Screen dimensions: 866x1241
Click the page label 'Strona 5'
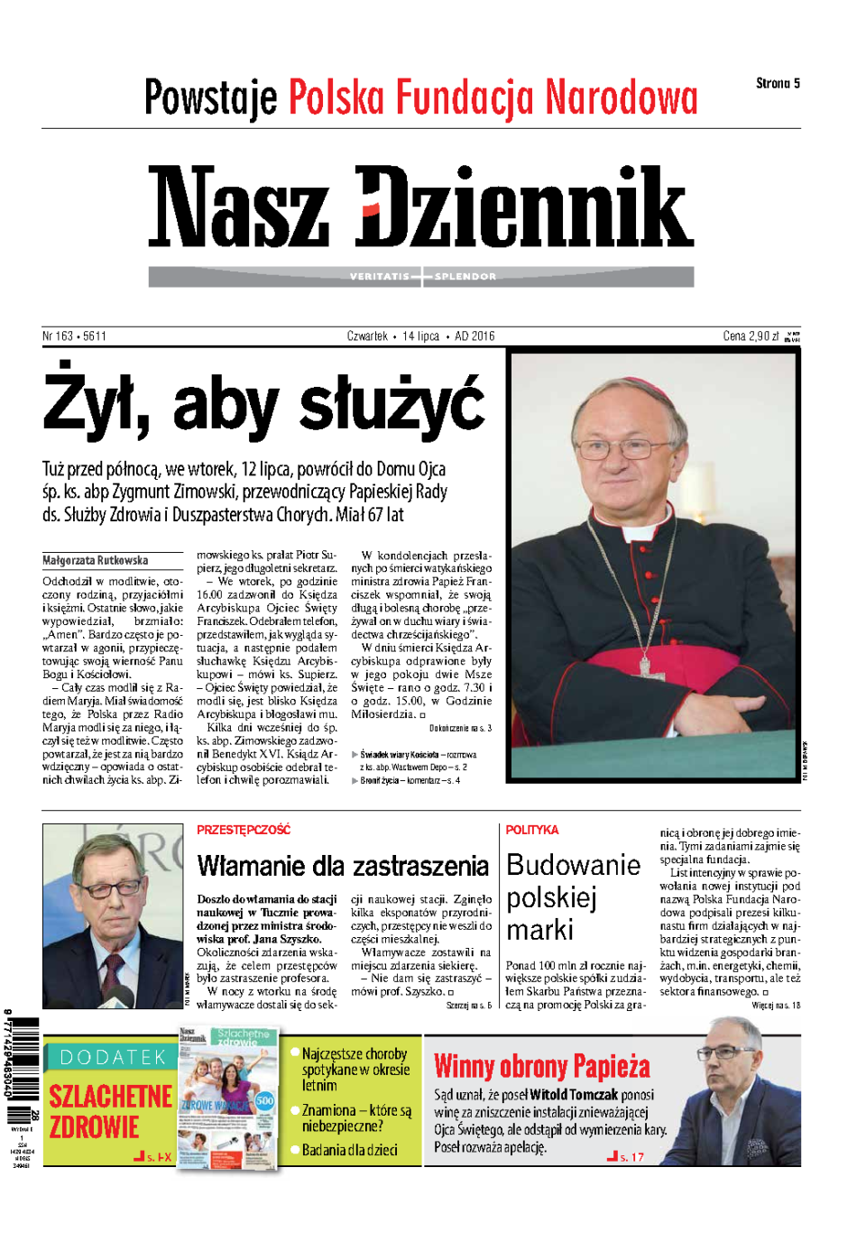(778, 84)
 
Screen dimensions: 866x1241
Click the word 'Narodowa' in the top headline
(622, 98)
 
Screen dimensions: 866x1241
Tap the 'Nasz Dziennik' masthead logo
(420, 207)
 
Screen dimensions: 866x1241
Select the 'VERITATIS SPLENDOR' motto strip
(422, 276)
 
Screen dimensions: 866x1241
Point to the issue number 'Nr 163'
(58, 336)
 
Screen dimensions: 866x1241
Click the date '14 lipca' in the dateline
(420, 336)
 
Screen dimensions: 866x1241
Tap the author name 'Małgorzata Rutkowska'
(95, 560)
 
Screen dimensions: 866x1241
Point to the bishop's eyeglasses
(620, 446)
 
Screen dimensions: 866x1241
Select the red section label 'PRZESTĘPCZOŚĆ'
(244, 830)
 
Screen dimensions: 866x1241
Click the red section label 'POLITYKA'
(532, 830)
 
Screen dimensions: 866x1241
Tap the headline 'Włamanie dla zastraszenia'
(343, 867)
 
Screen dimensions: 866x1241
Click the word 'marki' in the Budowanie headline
(539, 930)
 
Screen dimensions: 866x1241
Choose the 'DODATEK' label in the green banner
(113, 1057)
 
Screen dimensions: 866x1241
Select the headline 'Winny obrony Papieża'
(542, 1067)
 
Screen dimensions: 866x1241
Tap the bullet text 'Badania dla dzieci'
(349, 1150)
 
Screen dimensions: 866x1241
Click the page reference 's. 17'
(631, 1157)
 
